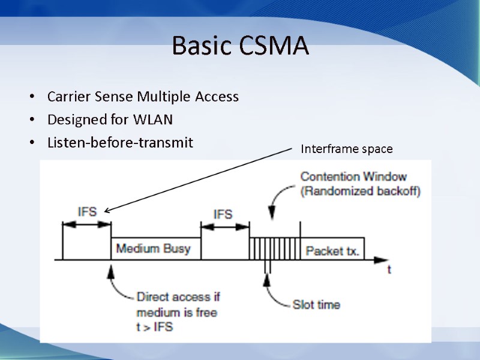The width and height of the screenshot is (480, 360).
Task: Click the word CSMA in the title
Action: [x=274, y=46]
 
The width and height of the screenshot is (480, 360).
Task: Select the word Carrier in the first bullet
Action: [x=69, y=97]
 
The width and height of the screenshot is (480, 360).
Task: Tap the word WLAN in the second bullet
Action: [x=153, y=119]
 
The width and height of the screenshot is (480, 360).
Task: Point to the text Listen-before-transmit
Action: [x=121, y=142]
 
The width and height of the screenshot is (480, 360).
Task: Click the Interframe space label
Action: [x=347, y=149]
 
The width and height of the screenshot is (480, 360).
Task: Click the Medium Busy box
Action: [x=156, y=248]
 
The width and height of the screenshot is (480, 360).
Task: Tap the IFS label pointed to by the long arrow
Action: [x=87, y=212]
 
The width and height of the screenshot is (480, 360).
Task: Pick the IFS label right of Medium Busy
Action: [x=223, y=214]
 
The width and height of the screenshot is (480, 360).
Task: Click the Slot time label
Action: [x=316, y=305]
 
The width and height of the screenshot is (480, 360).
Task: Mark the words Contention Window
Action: [x=353, y=176]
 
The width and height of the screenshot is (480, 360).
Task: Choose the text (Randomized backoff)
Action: [x=361, y=191]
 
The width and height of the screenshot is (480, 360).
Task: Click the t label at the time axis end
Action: [x=389, y=269]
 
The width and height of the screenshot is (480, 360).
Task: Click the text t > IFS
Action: [x=155, y=326]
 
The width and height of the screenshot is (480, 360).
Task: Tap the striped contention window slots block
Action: [x=275, y=248]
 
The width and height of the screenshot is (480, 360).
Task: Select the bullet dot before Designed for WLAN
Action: [x=32, y=119]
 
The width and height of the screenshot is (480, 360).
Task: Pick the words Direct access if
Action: [x=178, y=296]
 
